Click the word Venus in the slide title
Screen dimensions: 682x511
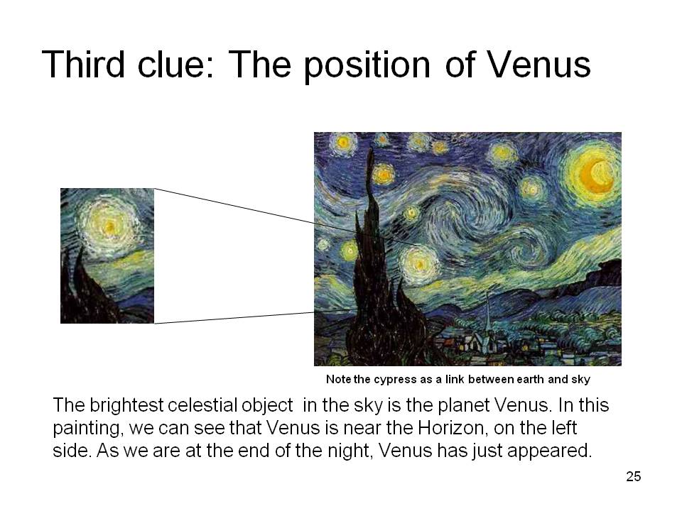point(538,65)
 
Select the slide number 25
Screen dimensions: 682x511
point(633,477)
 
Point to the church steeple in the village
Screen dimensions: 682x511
point(488,315)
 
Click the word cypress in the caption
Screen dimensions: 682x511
point(395,380)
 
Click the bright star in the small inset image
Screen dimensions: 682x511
point(109,226)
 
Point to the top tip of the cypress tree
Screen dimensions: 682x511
point(371,148)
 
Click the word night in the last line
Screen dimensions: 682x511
point(350,451)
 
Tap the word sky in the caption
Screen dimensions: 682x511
point(580,380)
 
